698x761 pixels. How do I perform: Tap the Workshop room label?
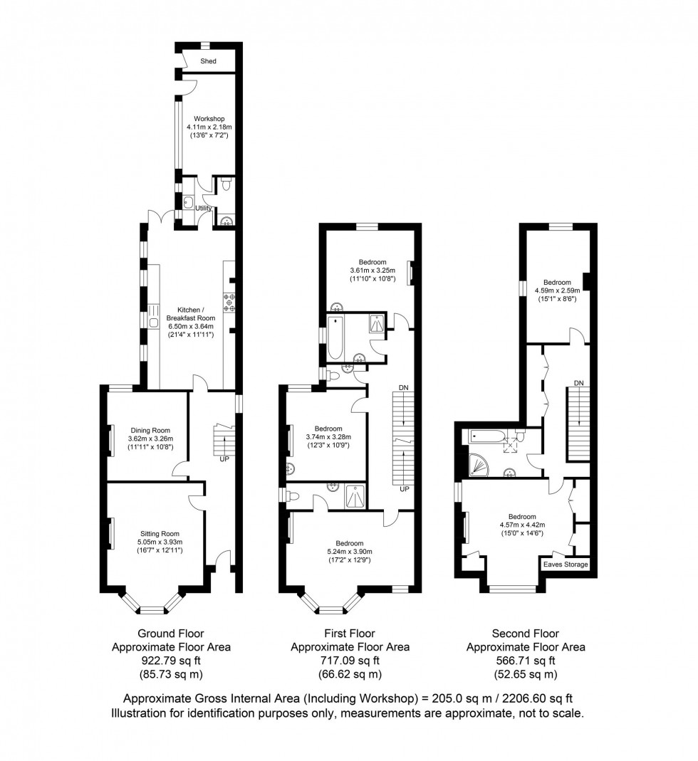point(209,118)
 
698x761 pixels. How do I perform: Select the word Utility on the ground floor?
point(194,208)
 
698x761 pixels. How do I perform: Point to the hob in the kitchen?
point(229,303)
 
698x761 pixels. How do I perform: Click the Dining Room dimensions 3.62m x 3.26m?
point(151,439)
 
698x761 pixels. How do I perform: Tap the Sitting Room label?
point(159,533)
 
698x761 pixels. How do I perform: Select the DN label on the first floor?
point(404,387)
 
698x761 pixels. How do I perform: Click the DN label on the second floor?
point(579,384)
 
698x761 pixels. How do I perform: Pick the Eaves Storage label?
point(566,565)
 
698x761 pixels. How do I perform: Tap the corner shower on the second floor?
point(476,463)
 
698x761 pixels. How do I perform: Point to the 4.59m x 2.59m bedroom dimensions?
point(557,290)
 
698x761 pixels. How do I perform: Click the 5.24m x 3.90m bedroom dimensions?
point(349,552)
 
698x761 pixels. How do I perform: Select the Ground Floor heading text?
point(171,634)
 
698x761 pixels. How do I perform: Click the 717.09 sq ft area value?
point(349,661)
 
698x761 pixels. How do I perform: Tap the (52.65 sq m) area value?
point(526,674)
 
